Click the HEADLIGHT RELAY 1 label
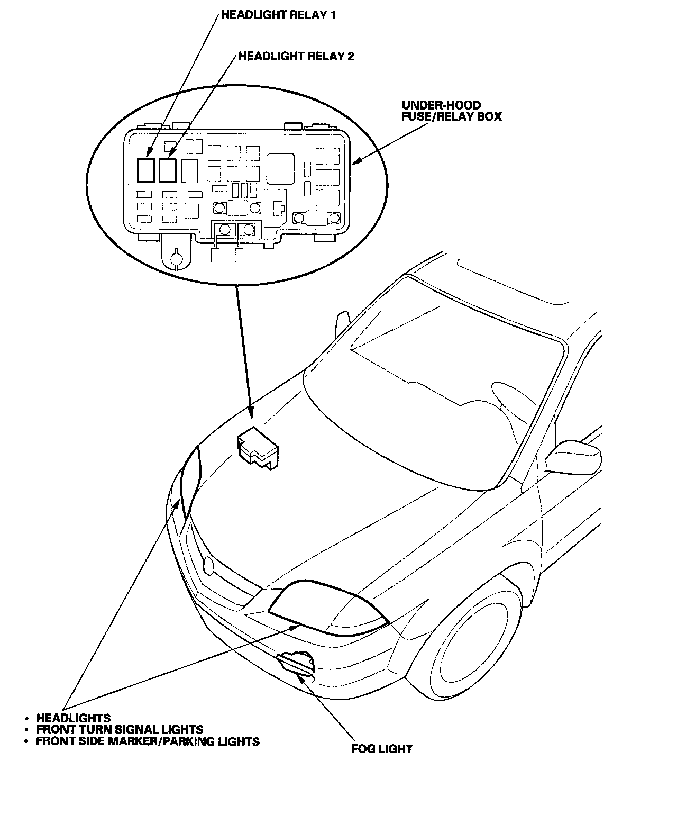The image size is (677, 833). coord(278,15)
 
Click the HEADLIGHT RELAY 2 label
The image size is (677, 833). coord(296,56)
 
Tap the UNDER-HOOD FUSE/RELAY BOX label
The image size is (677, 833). coord(451,111)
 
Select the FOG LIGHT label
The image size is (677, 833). coord(382,749)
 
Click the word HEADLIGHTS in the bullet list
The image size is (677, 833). coord(74,718)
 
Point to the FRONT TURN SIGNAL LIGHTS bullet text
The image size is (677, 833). coord(120,730)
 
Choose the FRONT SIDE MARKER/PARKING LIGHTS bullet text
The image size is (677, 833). coord(148,741)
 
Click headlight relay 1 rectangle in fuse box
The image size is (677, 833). coord(145,170)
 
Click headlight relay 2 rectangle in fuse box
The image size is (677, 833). coord(167,170)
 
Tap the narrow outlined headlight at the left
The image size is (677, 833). coord(191,482)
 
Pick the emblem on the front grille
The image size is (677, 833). coord(209,566)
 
